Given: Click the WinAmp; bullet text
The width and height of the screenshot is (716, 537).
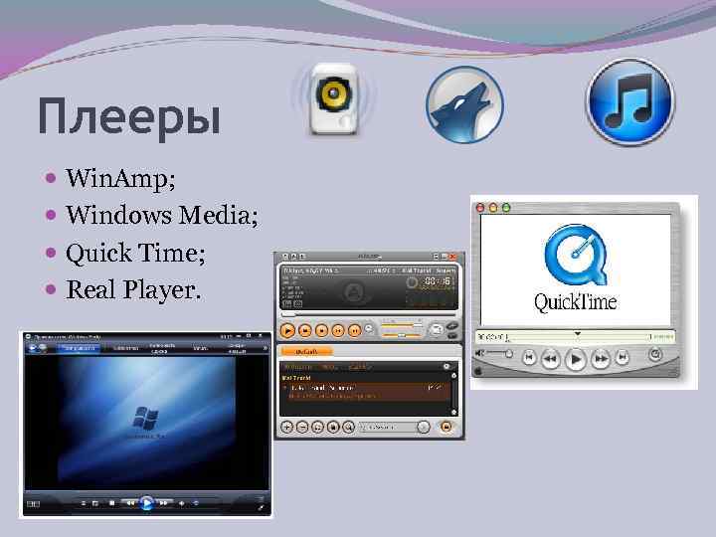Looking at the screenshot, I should pyautogui.click(x=120, y=180).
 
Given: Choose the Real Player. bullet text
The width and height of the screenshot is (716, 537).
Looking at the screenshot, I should pyautogui.click(x=132, y=290).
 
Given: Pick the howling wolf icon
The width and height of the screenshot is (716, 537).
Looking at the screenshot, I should pyautogui.click(x=464, y=104).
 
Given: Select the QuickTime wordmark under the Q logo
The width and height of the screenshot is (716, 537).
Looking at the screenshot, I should pyautogui.click(x=576, y=301).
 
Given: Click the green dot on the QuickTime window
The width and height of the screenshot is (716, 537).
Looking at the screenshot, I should pyautogui.click(x=506, y=208).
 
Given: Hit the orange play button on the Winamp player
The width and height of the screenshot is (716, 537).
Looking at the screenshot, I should pyautogui.click(x=287, y=329).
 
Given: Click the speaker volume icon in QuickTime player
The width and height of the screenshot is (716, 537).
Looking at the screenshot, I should pyautogui.click(x=482, y=353).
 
